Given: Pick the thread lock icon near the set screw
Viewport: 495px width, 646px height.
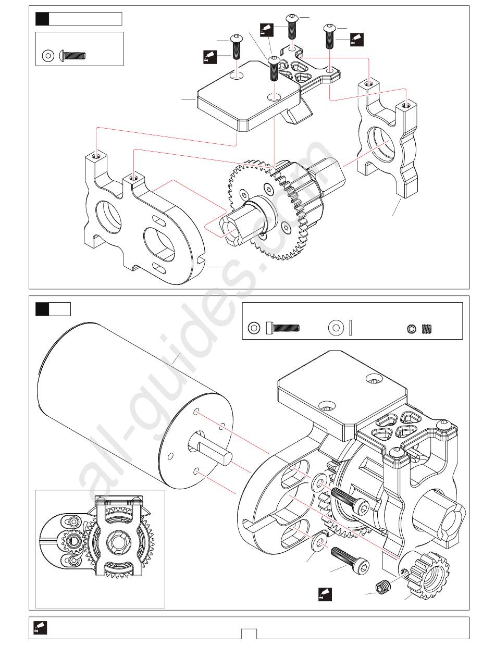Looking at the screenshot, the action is [x=325, y=594].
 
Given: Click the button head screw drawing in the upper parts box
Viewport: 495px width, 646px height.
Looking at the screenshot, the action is [x=72, y=55].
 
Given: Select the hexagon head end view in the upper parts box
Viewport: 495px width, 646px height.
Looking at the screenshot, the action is [x=48, y=56].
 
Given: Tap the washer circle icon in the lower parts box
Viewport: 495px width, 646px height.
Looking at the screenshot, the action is [x=336, y=328].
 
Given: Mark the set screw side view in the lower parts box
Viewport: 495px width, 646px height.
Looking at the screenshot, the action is [x=427, y=329].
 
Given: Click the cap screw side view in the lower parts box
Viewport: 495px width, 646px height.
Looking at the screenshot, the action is [x=283, y=328].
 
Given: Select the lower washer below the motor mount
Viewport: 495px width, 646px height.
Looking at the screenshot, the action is [x=318, y=543].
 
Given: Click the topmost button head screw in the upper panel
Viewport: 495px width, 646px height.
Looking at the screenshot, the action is [x=292, y=26].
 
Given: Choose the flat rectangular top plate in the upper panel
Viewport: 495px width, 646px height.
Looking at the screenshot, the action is [x=250, y=95].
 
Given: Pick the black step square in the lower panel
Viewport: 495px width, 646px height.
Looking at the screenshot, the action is [x=42, y=309].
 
